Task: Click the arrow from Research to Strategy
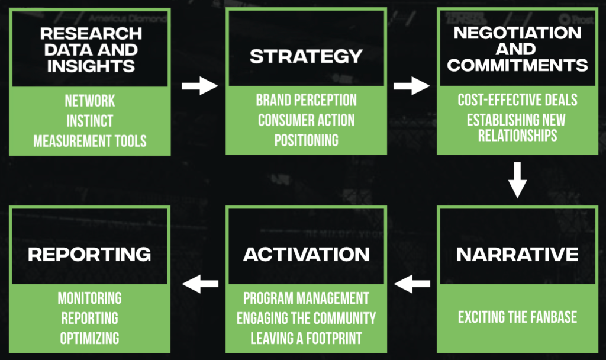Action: tap(200, 86)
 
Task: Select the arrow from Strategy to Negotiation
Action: tap(412, 86)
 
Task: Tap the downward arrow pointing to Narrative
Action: tap(517, 180)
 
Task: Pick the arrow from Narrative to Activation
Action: tap(412, 284)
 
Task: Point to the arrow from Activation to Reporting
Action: tap(200, 284)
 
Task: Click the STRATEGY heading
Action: tap(306, 56)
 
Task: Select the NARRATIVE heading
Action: tap(517, 255)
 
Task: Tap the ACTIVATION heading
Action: tap(307, 255)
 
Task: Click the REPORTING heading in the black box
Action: tap(89, 255)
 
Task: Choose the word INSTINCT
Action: tap(90, 121)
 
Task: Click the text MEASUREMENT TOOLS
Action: tap(90, 141)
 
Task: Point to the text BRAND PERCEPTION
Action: tap(306, 100)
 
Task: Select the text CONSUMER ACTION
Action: tap(306, 120)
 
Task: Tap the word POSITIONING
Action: tap(306, 140)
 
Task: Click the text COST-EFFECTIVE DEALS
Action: tap(517, 99)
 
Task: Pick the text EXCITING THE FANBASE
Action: tap(517, 317)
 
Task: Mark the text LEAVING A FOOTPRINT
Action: tap(306, 338)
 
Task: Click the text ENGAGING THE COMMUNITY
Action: tap(306, 318)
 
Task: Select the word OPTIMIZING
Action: tap(90, 338)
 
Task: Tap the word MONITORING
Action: tap(90, 298)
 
